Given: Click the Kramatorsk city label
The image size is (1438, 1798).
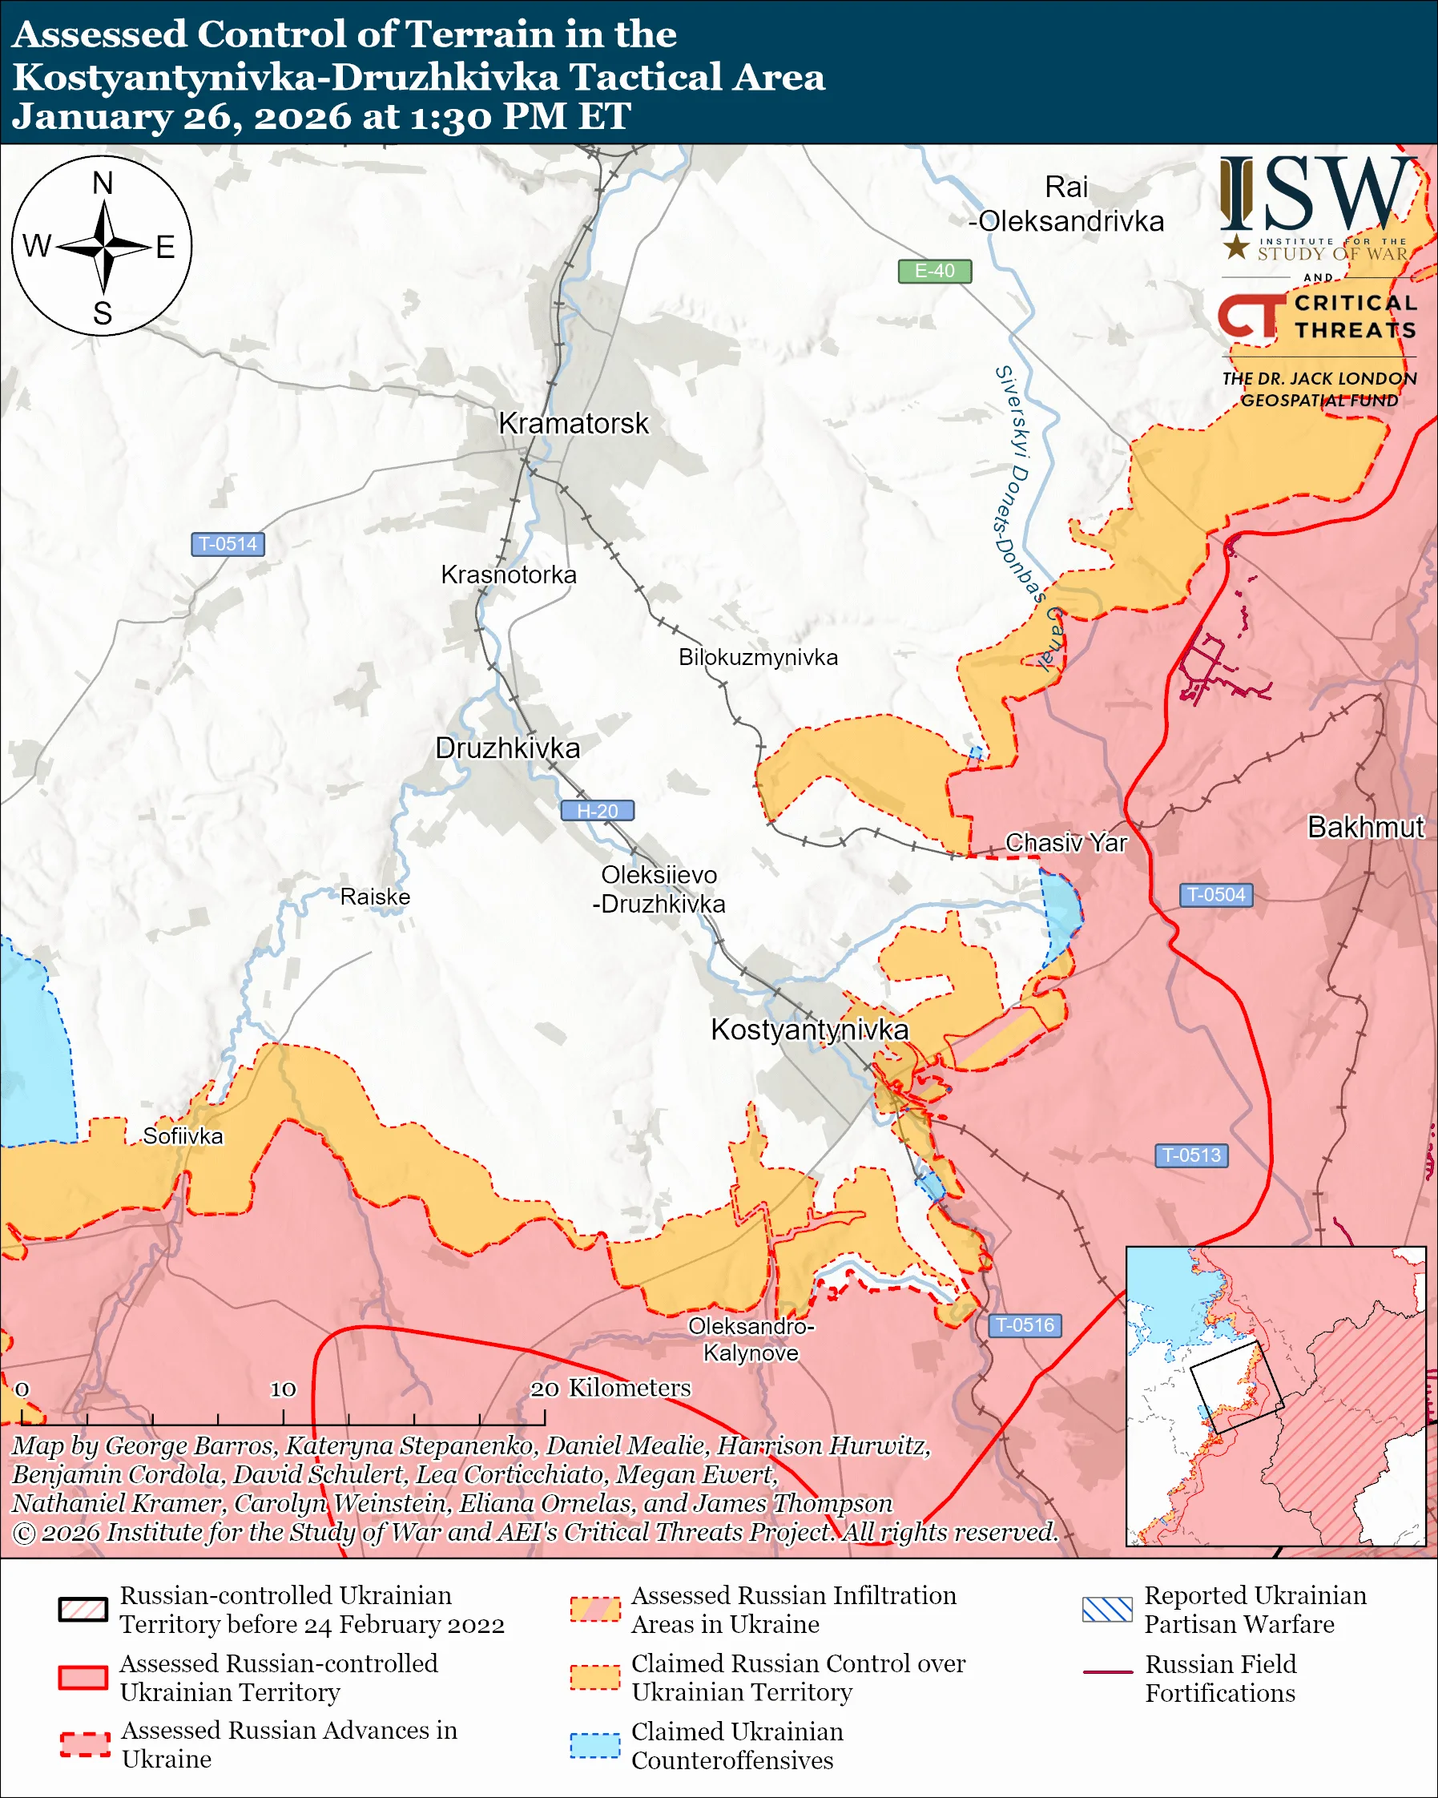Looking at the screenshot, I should tap(573, 424).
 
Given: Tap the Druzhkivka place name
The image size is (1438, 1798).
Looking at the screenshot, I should tap(507, 748).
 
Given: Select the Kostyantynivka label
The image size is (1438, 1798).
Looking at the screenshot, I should tap(808, 1030).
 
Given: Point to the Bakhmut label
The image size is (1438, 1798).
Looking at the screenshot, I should tap(1364, 827).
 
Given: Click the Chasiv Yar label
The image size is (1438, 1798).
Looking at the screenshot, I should tap(1065, 842).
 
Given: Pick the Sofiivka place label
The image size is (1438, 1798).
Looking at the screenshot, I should tap(183, 1136).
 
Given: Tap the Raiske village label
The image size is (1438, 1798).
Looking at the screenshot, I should tap(375, 897).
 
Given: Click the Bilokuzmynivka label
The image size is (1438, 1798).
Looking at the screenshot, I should tap(758, 657).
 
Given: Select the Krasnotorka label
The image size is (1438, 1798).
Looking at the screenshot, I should tap(509, 574).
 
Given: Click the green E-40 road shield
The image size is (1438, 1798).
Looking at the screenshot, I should tap(934, 271).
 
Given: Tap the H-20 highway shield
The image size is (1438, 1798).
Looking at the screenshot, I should tap(597, 811).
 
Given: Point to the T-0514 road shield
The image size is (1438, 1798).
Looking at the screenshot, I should tap(228, 544).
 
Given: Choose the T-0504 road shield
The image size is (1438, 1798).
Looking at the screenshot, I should tap(1215, 895).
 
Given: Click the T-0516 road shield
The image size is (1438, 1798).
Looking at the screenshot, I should tap(1025, 1325).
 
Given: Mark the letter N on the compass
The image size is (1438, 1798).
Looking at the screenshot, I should tap(103, 183).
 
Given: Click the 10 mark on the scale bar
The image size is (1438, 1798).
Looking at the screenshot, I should tap(283, 1389).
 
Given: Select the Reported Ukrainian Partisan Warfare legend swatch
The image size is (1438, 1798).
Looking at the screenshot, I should tap(1107, 1610).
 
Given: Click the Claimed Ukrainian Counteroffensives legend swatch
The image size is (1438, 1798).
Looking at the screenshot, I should tap(594, 1745).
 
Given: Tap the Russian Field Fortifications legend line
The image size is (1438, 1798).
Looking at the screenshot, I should tap(1107, 1672).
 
